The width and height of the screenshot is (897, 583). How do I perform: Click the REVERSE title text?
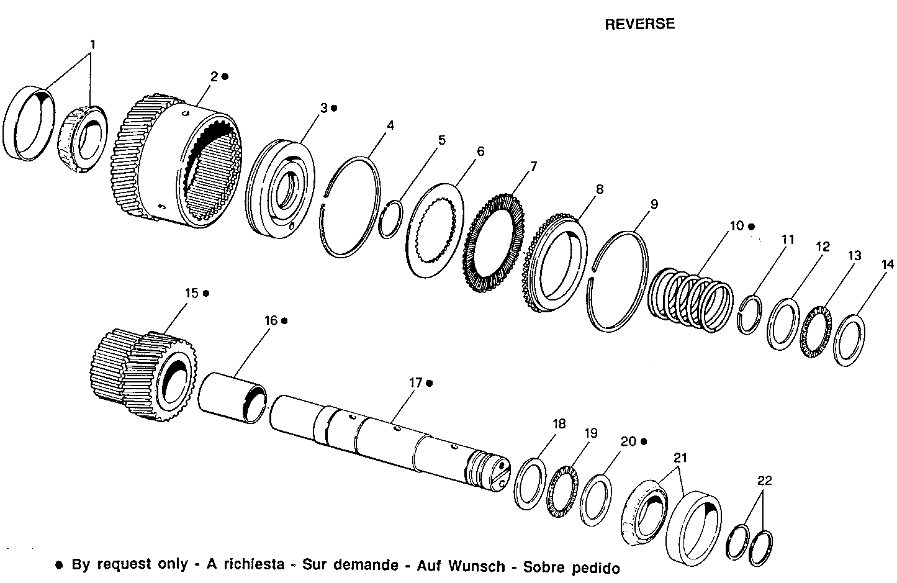point(639,24)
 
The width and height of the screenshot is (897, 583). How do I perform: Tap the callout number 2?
point(214,76)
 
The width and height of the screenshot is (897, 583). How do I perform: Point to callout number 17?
point(415,383)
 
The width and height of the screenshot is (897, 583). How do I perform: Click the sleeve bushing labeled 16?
point(233,398)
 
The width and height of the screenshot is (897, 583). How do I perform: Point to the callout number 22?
point(764,480)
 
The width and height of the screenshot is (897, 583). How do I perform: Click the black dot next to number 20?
point(644,441)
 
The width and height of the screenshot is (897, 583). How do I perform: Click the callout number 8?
point(599,189)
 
